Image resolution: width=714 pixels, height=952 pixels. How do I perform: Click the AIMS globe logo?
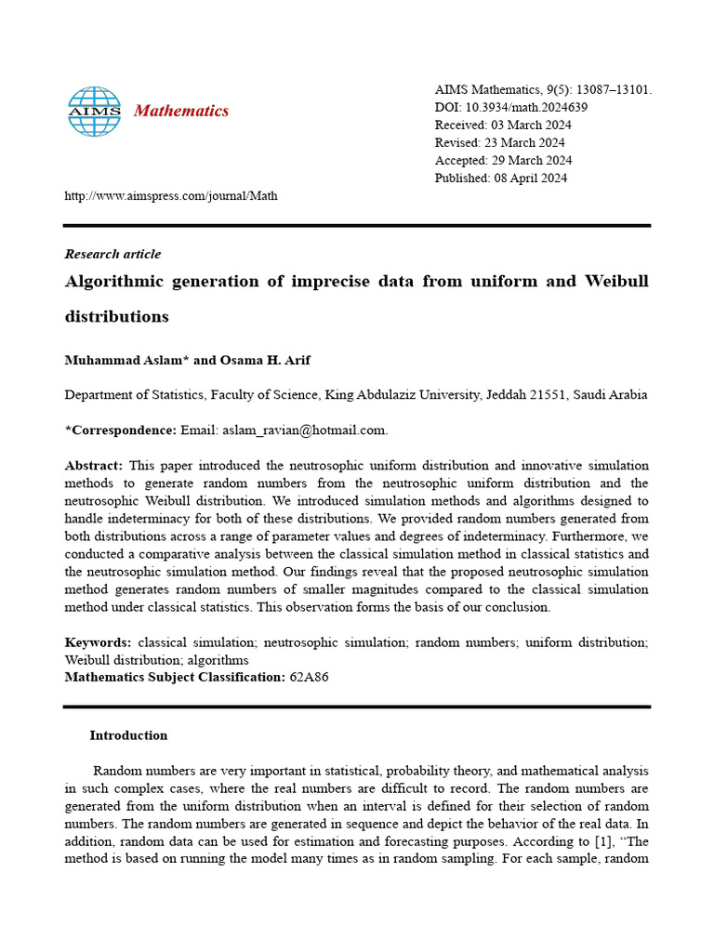tap(94, 112)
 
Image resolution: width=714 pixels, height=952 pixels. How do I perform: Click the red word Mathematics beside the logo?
tap(181, 112)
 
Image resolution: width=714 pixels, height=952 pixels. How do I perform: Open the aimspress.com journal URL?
tap(170, 195)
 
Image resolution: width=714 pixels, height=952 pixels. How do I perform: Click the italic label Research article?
tap(112, 254)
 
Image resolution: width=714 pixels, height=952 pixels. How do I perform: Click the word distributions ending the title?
tap(116, 316)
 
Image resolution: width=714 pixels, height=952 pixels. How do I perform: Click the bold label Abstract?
tap(94, 465)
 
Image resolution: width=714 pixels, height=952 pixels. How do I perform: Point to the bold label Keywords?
tap(98, 642)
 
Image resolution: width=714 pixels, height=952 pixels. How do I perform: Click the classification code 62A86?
tap(309, 677)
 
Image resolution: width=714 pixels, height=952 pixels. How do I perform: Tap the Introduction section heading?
tap(128, 735)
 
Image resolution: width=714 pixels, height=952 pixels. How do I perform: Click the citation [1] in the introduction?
tap(591, 841)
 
